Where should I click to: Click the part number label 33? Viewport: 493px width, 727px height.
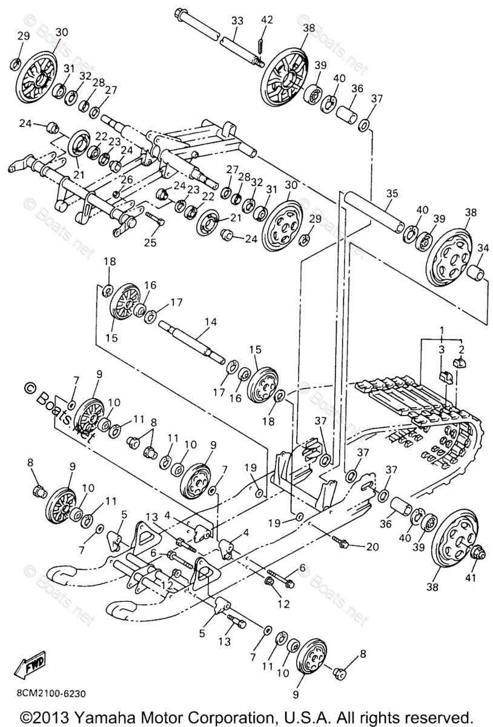[x=237, y=21]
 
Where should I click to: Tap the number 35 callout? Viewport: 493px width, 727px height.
[x=392, y=193]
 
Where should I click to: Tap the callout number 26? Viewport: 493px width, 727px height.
[x=127, y=180]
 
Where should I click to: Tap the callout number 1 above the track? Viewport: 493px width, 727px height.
[x=442, y=330]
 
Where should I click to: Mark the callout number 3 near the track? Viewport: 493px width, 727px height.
[x=442, y=350]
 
